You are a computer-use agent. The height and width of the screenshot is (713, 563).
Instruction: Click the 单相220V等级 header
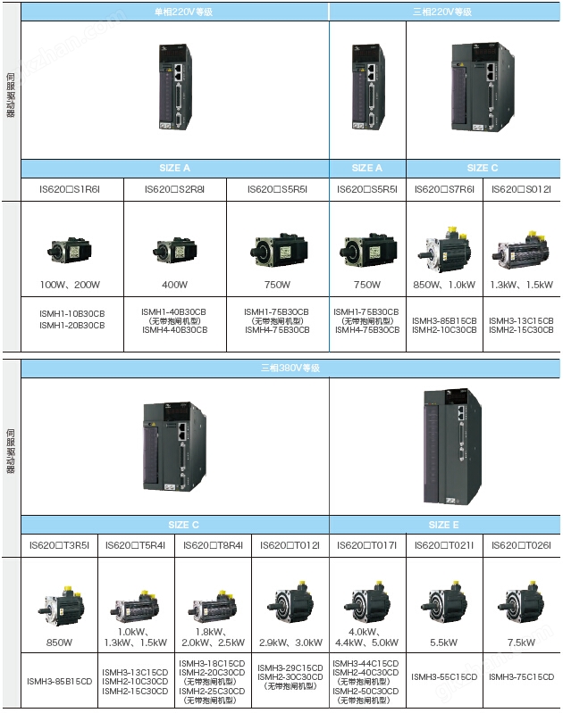[x=175, y=12]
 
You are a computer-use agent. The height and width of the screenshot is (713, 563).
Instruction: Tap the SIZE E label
[x=440, y=525]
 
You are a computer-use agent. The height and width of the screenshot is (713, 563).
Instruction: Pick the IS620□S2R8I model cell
[x=175, y=189]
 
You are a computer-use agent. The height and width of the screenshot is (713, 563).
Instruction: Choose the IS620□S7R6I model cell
[x=443, y=189]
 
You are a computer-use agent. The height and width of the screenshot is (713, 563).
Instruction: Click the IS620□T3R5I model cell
[x=59, y=544]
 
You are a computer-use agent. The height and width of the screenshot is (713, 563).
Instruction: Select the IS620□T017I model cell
[x=366, y=544]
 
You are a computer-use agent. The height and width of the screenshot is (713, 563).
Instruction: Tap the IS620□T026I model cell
[x=521, y=544]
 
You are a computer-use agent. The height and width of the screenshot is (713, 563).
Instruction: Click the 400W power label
[x=175, y=285]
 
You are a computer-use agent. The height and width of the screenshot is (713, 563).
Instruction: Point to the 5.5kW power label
[x=443, y=641]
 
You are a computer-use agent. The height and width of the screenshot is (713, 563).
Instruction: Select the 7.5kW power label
[x=521, y=641]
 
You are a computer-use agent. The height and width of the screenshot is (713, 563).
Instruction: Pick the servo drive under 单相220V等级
[x=175, y=87]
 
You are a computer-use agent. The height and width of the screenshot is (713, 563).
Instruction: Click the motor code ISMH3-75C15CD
[x=521, y=677]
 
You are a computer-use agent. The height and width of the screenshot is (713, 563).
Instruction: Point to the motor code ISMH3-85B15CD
[x=60, y=682]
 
